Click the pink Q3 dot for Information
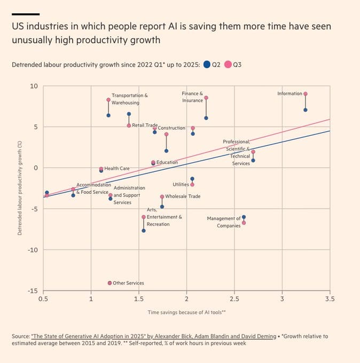(x=305, y=94)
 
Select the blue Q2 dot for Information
(x=305, y=110)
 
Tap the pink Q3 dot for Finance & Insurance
(x=206, y=98)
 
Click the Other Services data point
(x=109, y=283)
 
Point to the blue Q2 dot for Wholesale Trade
(x=162, y=207)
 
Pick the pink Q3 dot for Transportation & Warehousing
(x=108, y=100)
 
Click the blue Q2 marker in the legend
(x=207, y=65)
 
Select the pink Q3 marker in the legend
(x=228, y=65)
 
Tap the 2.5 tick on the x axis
(x=234, y=299)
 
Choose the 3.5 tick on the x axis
(x=330, y=299)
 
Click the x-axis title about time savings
(x=186, y=312)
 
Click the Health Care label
(x=117, y=169)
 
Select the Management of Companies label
(x=224, y=222)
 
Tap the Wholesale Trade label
(x=183, y=196)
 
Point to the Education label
(x=167, y=162)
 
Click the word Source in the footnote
(x=20, y=336)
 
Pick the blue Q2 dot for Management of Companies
(x=244, y=217)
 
